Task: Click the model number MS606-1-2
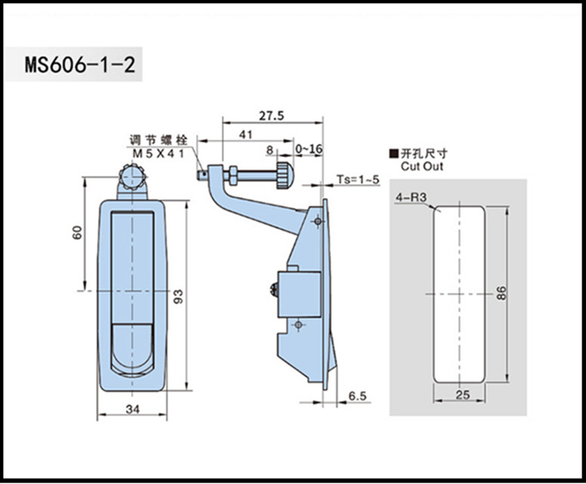coord(79,65)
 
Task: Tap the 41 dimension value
coord(243,134)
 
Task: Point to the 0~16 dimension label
coord(309,149)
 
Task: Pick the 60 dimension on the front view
coord(76,232)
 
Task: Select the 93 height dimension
coord(178,295)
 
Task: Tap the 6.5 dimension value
coord(357,397)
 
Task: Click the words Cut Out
coord(422,168)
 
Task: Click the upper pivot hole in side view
coord(317,221)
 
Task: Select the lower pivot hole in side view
coord(298,324)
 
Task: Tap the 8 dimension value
coord(268,149)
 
